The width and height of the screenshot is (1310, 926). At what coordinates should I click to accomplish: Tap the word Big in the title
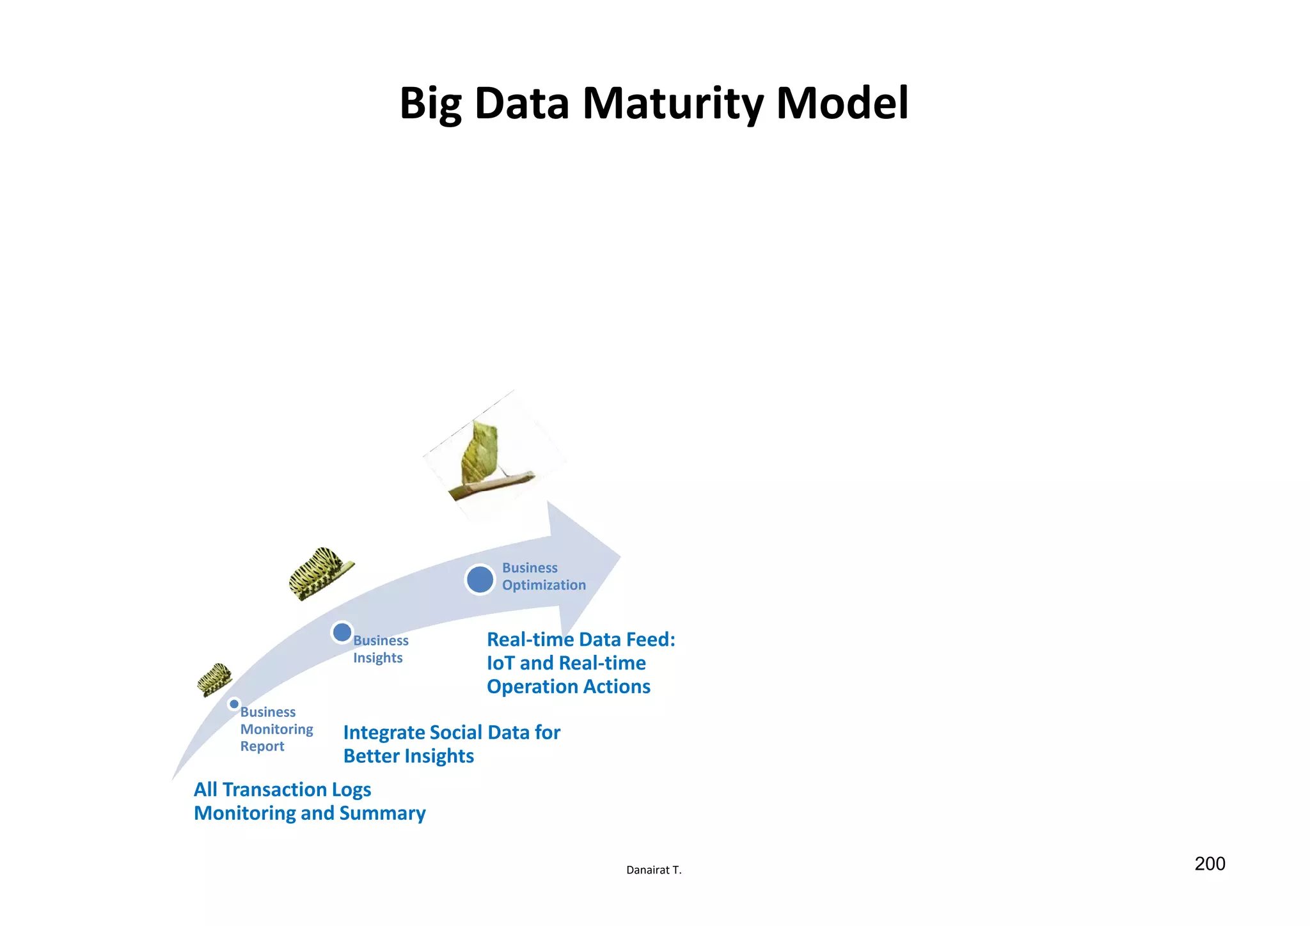(430, 104)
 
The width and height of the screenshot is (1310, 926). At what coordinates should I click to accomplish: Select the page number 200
(1210, 864)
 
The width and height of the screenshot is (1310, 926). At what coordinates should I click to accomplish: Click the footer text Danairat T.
(654, 870)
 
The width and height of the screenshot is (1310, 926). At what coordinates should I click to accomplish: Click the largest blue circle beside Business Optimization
(480, 579)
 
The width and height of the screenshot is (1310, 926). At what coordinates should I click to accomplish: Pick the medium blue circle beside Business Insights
(342, 632)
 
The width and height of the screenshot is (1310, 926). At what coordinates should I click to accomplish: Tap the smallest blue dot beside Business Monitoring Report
(234, 704)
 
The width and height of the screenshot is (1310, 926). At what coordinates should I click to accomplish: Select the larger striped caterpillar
(318, 572)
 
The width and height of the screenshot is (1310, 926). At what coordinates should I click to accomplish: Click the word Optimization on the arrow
(544, 585)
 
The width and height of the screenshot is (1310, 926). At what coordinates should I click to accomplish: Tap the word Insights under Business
(377, 658)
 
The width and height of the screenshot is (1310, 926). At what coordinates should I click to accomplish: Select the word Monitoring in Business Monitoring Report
(276, 730)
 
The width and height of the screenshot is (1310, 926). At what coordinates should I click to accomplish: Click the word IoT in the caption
(501, 663)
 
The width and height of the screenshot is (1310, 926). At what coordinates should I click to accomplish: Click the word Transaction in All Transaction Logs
(274, 790)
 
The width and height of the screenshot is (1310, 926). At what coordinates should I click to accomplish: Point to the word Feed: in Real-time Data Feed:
(651, 640)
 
